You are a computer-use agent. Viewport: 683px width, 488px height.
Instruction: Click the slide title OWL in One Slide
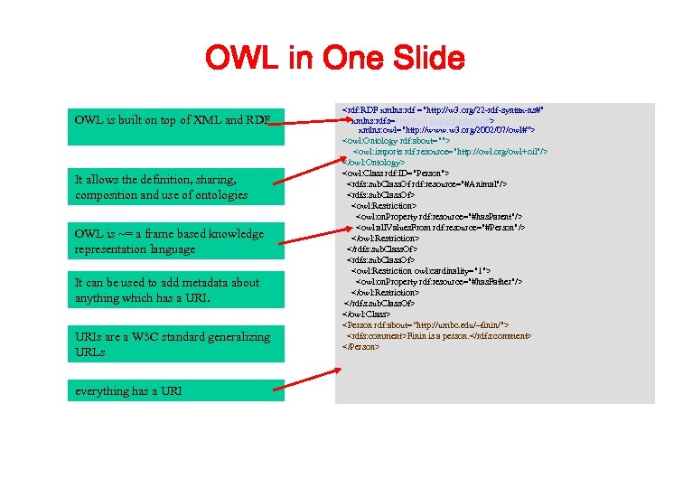click(334, 60)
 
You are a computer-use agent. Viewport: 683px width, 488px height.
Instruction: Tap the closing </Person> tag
click(360, 346)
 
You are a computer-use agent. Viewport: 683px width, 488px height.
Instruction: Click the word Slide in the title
click(425, 60)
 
